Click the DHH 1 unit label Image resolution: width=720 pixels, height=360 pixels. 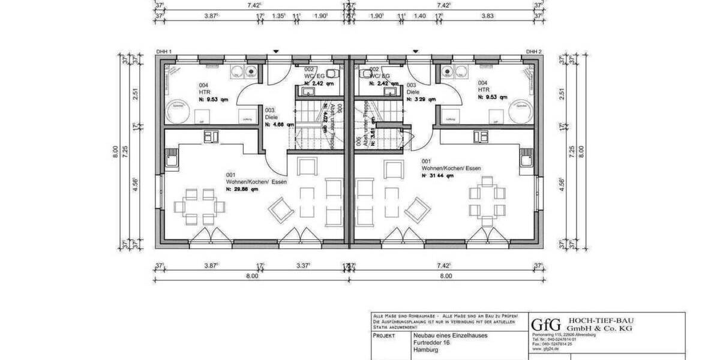[x=164, y=52]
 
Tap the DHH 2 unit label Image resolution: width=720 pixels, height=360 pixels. [x=533, y=52]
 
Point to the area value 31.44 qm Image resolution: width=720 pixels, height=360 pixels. [x=437, y=176]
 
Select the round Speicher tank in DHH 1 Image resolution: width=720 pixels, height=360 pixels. [x=178, y=110]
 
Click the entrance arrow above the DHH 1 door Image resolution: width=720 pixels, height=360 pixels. [x=275, y=52]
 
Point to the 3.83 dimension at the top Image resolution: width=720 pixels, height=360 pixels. [x=487, y=16]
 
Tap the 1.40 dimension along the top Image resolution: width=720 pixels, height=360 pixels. [x=420, y=16]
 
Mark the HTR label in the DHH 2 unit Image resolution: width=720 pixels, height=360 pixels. [x=484, y=89]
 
